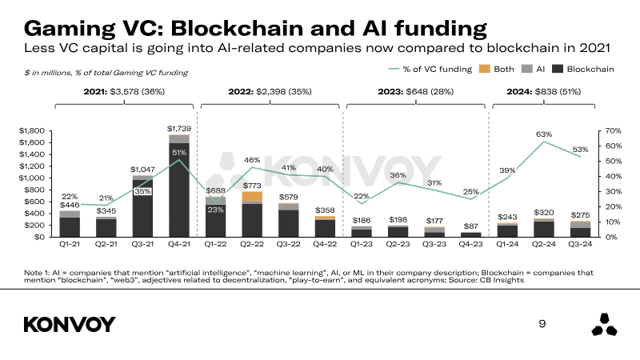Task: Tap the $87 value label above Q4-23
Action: (472, 226)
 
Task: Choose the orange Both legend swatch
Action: (486, 70)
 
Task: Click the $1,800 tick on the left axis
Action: (32, 130)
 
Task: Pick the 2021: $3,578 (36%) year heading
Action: (126, 92)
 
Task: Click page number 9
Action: (542, 324)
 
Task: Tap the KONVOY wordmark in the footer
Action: (70, 324)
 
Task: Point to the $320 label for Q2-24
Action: (545, 213)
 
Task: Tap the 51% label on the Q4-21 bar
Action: (178, 152)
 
